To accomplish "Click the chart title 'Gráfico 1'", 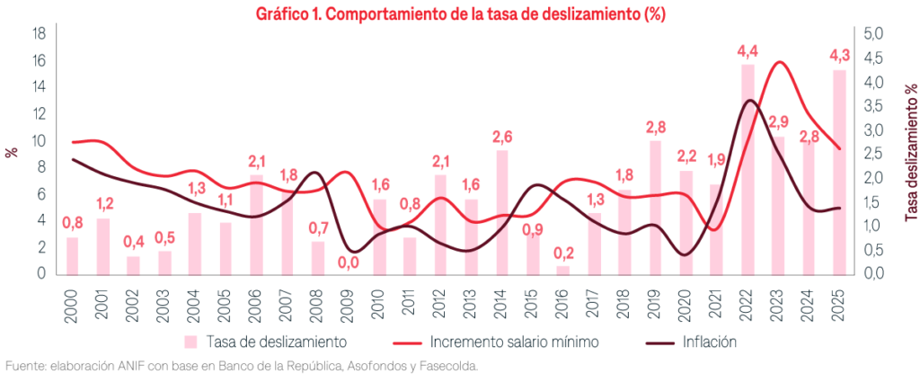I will pos(459,14).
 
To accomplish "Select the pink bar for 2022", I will pos(747,171).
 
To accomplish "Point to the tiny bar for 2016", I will pos(562,270).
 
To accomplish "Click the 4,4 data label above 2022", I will pos(747,51).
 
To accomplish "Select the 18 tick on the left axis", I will pos(40,34).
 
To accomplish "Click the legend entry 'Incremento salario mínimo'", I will pos(508,342).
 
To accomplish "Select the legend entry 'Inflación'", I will pos(709,342).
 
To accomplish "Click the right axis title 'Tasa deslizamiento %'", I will pos(910,153).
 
